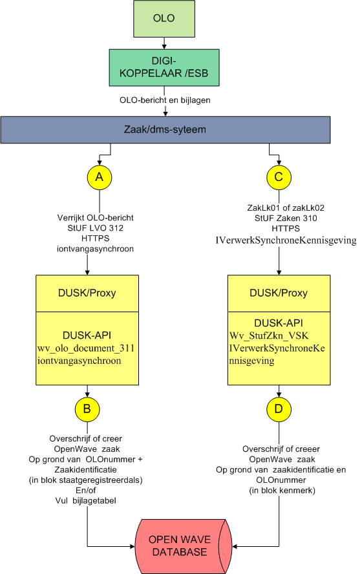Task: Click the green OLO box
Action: click(164, 19)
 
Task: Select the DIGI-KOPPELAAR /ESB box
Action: click(164, 68)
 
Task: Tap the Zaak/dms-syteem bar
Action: click(165, 130)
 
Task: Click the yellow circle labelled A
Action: click(100, 178)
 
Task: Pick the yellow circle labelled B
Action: click(87, 409)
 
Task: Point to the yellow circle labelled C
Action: click(279, 178)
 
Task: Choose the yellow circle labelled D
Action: click(279, 409)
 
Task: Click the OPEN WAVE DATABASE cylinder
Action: click(184, 546)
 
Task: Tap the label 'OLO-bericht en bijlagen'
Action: click(165, 100)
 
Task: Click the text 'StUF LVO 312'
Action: click(96, 228)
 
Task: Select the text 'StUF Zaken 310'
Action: click(286, 218)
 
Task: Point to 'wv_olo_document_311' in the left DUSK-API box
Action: click(86, 348)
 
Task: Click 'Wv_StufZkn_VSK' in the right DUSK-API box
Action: click(270, 335)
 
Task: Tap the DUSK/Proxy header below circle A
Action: click(87, 293)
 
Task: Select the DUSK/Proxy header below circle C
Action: click(279, 293)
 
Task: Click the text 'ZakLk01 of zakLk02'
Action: click(286, 208)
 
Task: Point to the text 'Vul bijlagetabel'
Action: click(85, 501)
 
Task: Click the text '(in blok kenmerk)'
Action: click(282, 491)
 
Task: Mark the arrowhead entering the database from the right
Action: click(235, 547)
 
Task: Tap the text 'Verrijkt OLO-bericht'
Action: click(96, 218)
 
